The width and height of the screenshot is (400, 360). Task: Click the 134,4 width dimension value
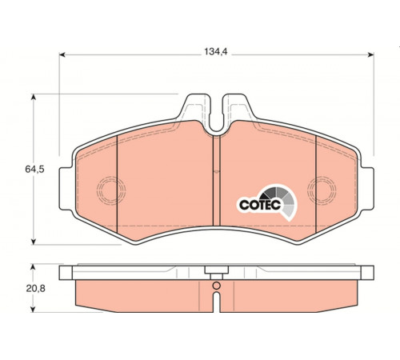[x=216, y=51]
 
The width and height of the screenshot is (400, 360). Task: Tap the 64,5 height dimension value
[x=34, y=169]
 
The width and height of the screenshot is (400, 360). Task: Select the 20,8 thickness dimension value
[x=36, y=288]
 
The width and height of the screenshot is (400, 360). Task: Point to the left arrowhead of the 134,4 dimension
[x=62, y=55]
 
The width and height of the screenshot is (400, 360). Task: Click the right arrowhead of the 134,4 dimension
[x=370, y=55]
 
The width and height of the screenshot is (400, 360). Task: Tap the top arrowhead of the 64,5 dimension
[x=34, y=97]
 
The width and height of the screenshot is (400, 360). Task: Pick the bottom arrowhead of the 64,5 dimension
[x=34, y=241]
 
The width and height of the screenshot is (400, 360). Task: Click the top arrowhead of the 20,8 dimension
[x=33, y=267]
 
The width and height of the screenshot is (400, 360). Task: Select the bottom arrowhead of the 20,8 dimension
[x=33, y=309]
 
